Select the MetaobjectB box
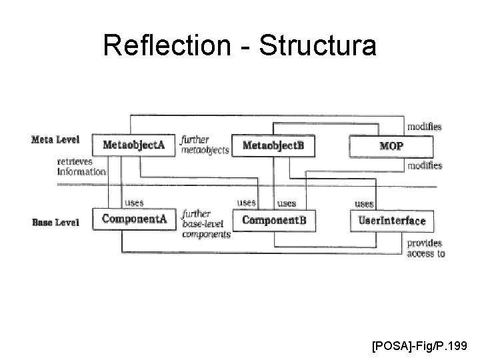[x=273, y=145]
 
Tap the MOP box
[x=391, y=145]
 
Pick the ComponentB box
[x=274, y=220]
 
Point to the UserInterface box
[x=391, y=220]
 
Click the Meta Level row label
[x=55, y=139]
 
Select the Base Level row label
[x=56, y=222]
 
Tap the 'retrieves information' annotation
[x=81, y=166]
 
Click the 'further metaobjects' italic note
[x=204, y=145]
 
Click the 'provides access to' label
[x=425, y=249]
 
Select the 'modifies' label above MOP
[x=424, y=127]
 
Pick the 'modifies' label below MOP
[x=424, y=165]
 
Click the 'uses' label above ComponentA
[x=133, y=202]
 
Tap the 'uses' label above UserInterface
[x=364, y=203]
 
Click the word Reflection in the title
[x=155, y=46]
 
